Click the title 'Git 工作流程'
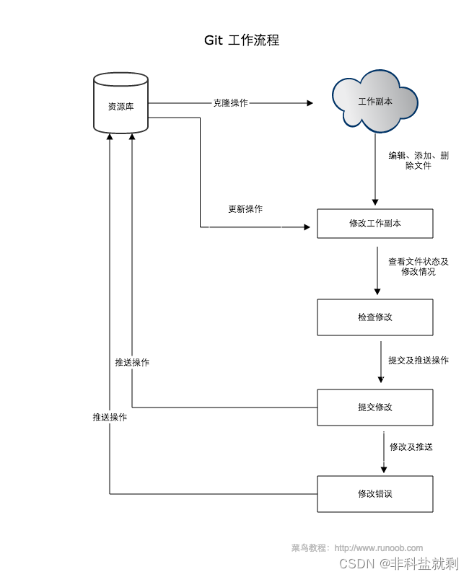(x=242, y=40)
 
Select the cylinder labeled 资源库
(x=120, y=102)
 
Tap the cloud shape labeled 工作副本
(x=374, y=101)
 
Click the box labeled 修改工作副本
(x=375, y=224)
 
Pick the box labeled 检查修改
(x=375, y=317)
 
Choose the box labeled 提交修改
(x=375, y=408)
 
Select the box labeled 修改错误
(x=375, y=494)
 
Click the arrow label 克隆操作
(x=231, y=103)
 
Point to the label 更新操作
(x=245, y=209)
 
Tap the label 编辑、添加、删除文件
(x=418, y=160)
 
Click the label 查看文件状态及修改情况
(x=418, y=266)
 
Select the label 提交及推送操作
(x=418, y=360)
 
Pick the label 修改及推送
(x=411, y=446)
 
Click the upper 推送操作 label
(x=132, y=363)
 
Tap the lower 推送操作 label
(x=110, y=417)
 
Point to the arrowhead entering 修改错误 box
(x=384, y=470)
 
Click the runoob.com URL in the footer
(x=378, y=548)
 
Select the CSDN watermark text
(x=399, y=563)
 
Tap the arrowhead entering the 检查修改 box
(x=377, y=292)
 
